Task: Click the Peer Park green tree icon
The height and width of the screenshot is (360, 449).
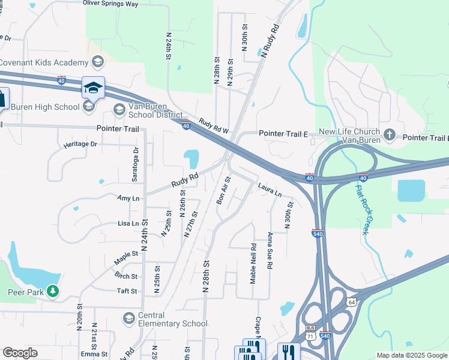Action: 53,291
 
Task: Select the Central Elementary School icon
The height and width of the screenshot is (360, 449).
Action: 128,317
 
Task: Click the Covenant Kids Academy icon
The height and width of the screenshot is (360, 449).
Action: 97,61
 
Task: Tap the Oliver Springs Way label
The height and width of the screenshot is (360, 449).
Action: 110,4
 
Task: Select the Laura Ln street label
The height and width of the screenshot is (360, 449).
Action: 270,190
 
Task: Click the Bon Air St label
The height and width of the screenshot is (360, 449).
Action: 223,190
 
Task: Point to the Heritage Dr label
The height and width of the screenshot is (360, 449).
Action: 80,144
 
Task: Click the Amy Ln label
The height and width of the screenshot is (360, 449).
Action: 128,198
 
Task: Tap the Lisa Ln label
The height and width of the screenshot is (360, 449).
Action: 128,223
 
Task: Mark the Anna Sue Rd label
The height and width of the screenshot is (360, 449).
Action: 270,250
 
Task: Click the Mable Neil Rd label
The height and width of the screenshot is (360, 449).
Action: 254,263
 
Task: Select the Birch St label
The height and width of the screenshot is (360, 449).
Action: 125,276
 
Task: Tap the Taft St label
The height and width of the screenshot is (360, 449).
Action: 127,291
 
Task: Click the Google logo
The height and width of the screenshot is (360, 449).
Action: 20,353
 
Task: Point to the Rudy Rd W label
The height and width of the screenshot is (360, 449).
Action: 214,125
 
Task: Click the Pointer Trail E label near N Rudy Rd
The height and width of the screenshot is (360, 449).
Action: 283,133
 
